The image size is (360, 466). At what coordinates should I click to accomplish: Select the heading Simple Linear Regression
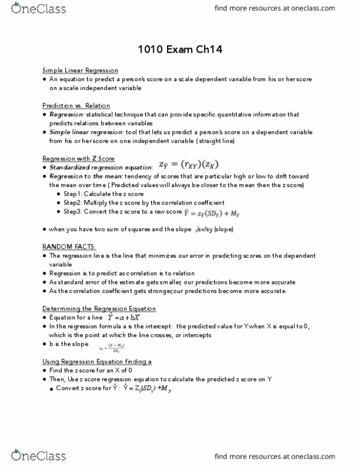[80, 70]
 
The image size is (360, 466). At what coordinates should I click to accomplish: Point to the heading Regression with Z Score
[78, 158]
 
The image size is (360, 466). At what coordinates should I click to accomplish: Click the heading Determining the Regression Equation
[99, 308]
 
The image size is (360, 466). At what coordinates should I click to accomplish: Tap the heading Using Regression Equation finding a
[97, 361]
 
